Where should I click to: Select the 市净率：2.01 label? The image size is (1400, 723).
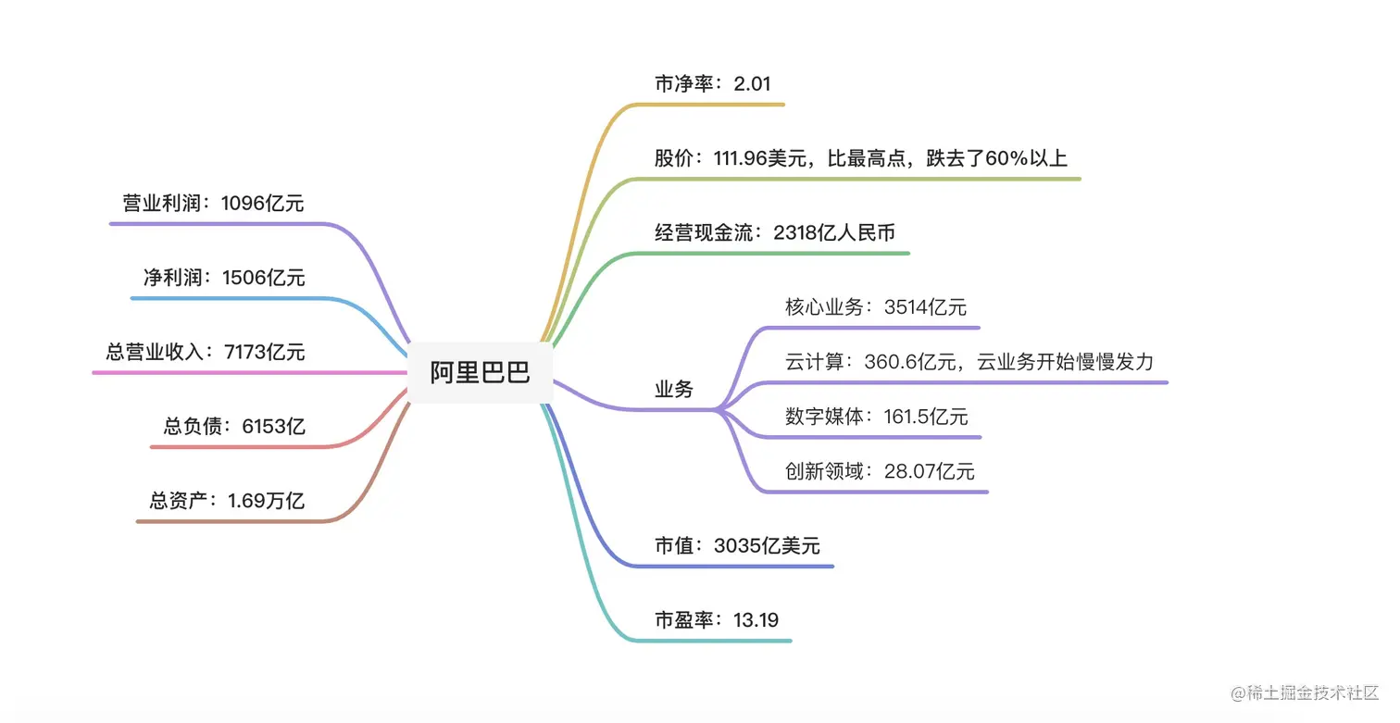(712, 83)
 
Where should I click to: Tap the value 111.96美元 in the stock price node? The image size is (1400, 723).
(753, 157)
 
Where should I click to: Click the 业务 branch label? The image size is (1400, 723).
(674, 390)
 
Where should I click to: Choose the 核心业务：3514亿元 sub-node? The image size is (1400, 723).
(875, 306)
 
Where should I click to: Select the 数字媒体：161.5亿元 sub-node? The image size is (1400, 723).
(876, 417)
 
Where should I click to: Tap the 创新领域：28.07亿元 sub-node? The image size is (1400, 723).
(880, 471)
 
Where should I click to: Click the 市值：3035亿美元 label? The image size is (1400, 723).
(737, 545)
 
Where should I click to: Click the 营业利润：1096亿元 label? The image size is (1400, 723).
(213, 203)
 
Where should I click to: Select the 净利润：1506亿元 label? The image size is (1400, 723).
(223, 277)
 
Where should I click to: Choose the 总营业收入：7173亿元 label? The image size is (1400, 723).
(206, 352)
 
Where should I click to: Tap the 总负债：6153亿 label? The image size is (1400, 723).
(234, 426)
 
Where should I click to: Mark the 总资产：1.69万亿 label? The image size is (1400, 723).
(227, 501)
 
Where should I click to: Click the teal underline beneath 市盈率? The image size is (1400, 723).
(722, 641)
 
